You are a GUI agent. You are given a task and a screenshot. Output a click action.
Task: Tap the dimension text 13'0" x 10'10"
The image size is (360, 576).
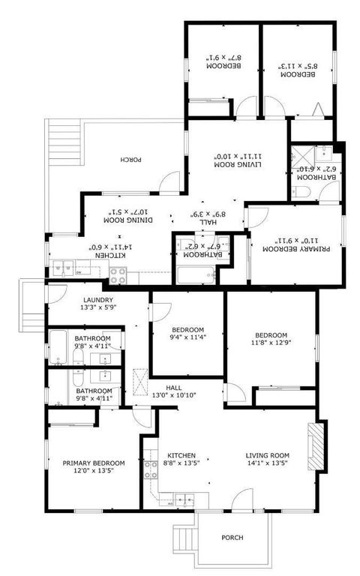click(x=175, y=394)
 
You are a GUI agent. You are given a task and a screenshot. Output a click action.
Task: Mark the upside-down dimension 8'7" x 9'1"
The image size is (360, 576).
click(x=222, y=57)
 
